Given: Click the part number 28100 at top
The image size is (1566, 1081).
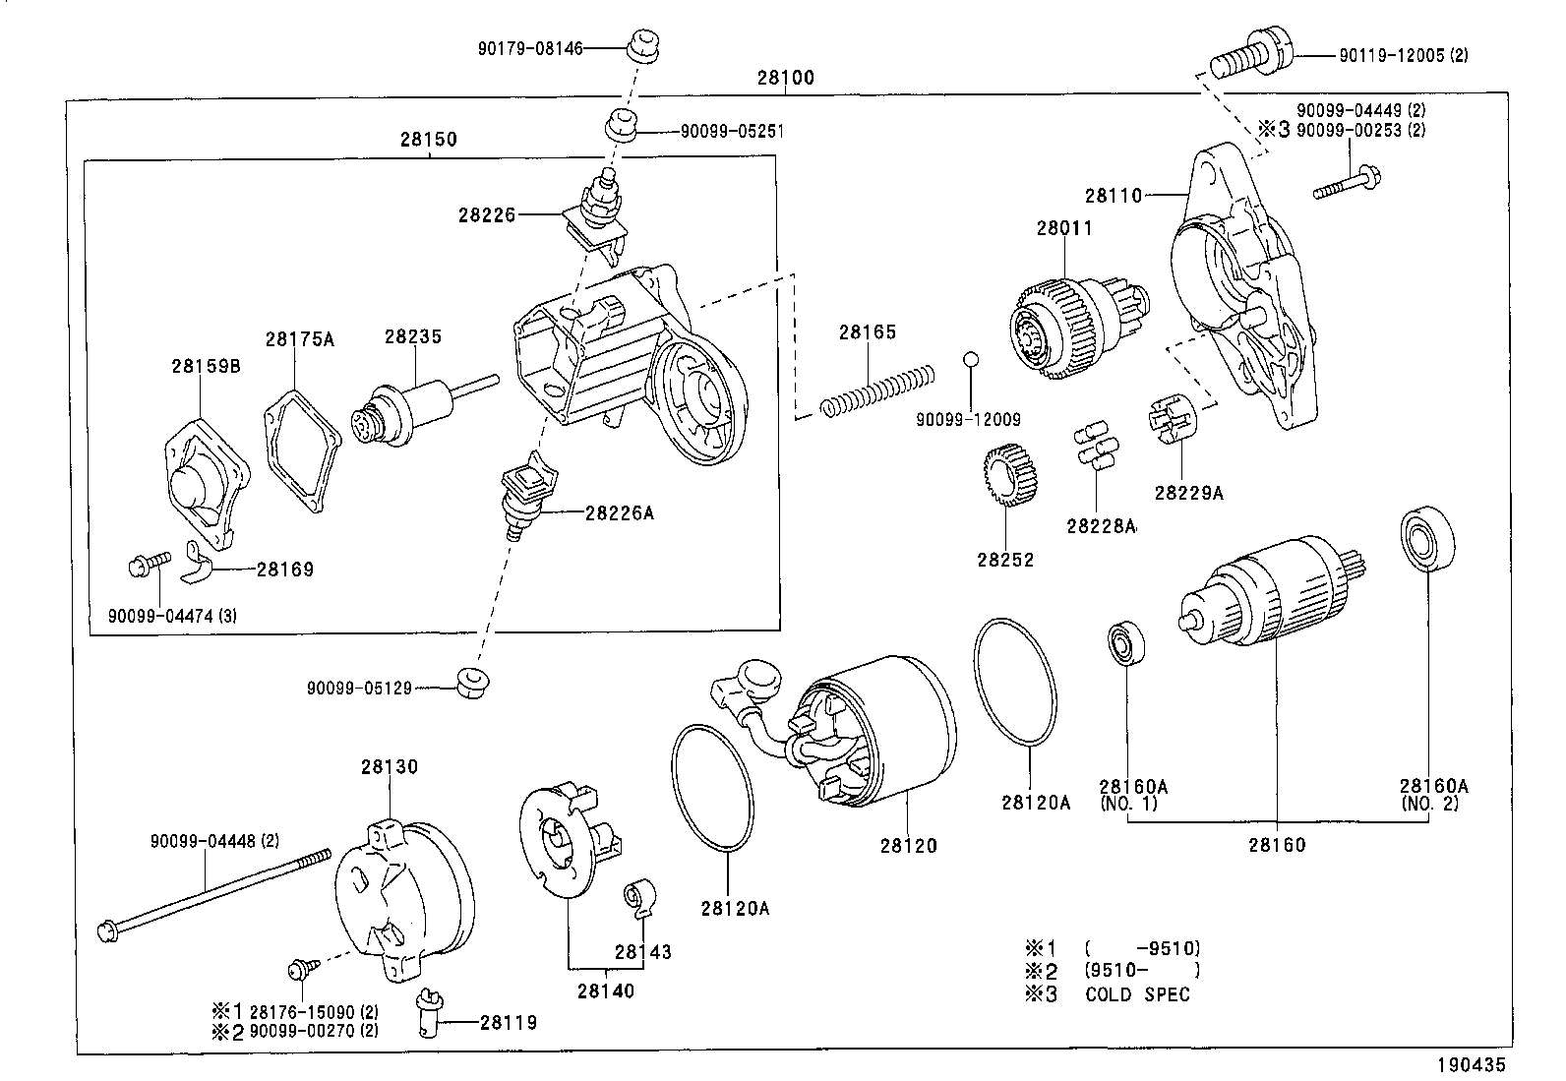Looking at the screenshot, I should (785, 78).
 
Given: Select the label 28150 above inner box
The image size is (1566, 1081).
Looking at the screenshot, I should (428, 139).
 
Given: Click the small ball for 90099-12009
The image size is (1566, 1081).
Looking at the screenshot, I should (970, 358).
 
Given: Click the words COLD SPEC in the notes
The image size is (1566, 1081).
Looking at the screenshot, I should (1137, 993).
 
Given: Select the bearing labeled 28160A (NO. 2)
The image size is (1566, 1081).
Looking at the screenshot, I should (1423, 539).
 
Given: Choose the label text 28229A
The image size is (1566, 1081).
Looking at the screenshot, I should (1188, 493).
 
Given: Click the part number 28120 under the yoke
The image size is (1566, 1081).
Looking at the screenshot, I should (908, 845).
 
